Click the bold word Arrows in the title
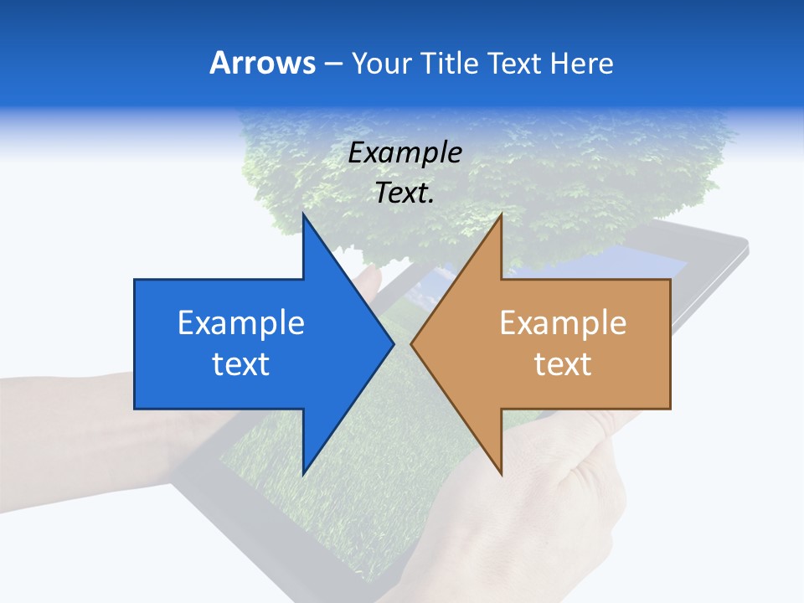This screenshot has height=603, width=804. [263, 63]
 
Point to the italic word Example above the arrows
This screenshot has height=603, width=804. [405, 152]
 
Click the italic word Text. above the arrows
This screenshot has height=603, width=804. [405, 193]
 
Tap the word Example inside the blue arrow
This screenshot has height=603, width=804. [241, 323]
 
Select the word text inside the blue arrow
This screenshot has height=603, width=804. [241, 364]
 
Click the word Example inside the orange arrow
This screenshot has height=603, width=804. [563, 323]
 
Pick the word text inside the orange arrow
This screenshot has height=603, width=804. [563, 364]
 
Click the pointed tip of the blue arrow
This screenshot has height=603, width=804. [394, 343]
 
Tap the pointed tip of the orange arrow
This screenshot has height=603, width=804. [411, 343]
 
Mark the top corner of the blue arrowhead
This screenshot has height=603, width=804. [303, 214]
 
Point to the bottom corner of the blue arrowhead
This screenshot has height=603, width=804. [303, 474]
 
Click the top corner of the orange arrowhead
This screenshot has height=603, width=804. [501, 214]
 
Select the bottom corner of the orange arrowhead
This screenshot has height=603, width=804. [501, 474]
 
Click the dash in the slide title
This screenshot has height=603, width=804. [332, 64]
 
